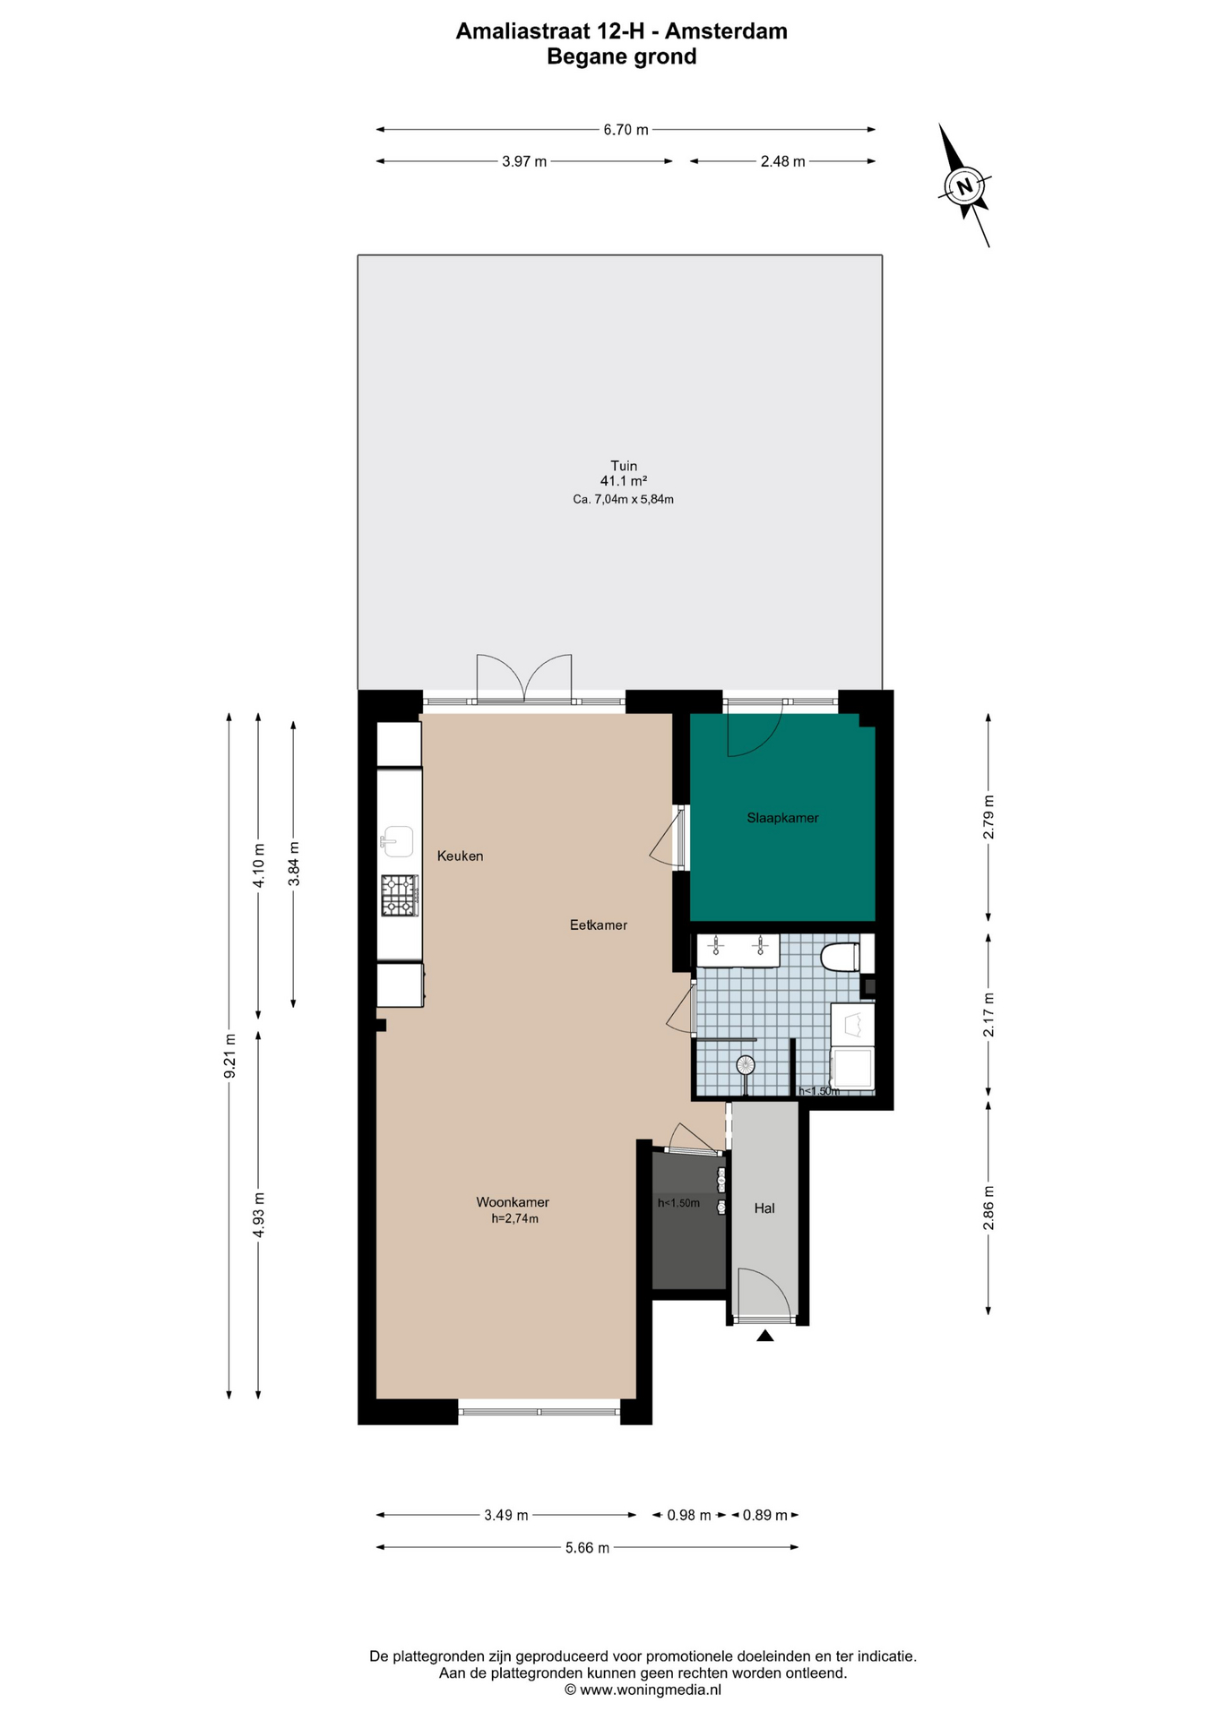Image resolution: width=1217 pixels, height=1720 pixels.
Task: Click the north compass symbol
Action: coord(964,186)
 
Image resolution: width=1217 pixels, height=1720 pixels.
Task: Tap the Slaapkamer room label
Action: coord(782,818)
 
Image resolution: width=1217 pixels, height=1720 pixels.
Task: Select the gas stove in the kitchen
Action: coord(400,895)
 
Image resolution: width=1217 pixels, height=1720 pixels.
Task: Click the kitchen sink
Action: coord(397,841)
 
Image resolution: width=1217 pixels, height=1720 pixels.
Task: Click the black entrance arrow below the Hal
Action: coord(764,1336)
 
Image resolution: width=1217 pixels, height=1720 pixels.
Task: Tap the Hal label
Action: coord(764,1208)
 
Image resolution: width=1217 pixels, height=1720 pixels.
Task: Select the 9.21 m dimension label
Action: coord(229,1056)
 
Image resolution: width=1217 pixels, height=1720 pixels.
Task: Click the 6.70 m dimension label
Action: coord(626,130)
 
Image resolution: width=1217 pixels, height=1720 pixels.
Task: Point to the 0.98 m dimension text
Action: coord(689,1516)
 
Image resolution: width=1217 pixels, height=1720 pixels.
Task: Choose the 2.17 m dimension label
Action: coord(988,1014)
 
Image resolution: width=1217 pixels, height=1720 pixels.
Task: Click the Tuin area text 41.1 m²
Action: coord(624,481)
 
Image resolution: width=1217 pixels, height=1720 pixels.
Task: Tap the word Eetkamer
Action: coord(599,924)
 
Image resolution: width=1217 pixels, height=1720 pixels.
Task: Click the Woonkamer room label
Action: coord(513,1202)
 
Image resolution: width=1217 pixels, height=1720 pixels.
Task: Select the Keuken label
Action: coord(460,856)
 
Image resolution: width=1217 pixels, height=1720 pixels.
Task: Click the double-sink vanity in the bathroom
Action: coord(738,950)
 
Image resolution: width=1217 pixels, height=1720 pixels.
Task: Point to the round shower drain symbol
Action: coord(746,1065)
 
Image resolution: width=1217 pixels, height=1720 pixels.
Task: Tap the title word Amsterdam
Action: coord(726,31)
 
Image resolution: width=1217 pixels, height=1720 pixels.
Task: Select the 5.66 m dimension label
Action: coord(587,1548)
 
